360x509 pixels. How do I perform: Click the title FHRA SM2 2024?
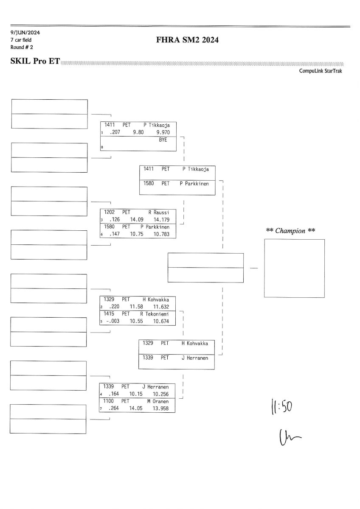click(x=187, y=40)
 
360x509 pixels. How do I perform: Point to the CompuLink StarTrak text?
click(x=321, y=71)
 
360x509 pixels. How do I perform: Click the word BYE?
click(x=163, y=140)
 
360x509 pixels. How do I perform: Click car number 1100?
click(x=109, y=401)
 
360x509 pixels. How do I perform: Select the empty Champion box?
click(x=294, y=268)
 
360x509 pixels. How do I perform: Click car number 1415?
click(x=109, y=314)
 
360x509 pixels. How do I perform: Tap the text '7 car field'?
click(x=21, y=40)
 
